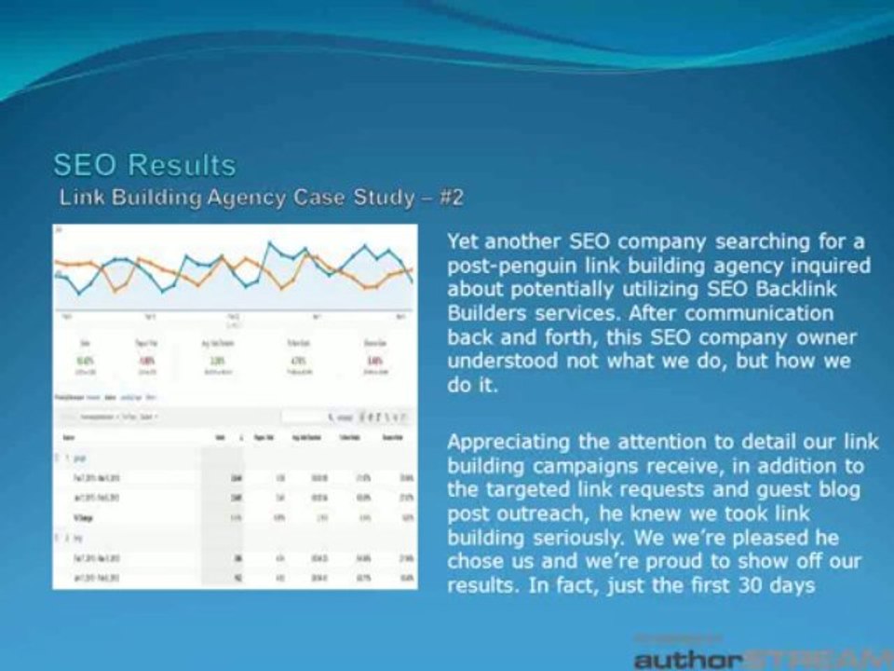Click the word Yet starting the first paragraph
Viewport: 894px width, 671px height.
(x=464, y=241)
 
